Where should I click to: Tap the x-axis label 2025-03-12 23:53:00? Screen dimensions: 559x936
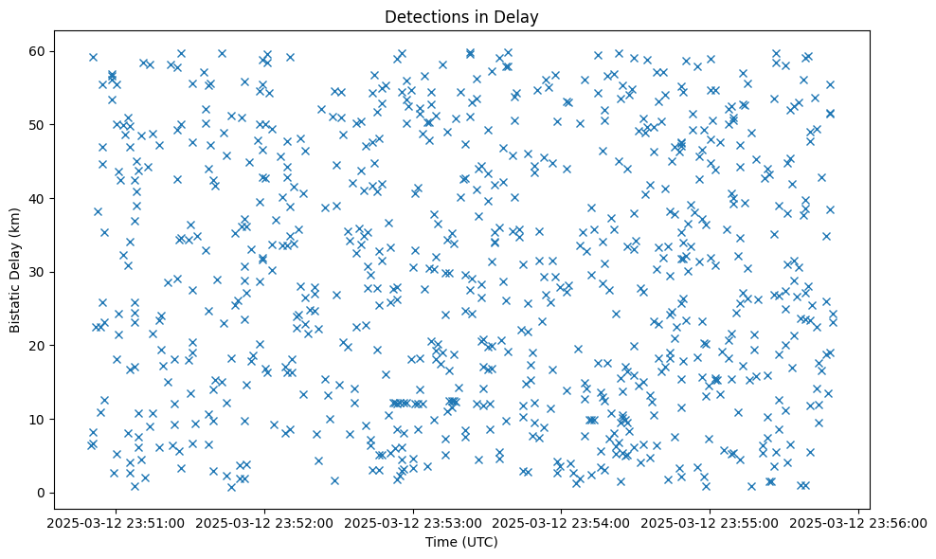pos(413,523)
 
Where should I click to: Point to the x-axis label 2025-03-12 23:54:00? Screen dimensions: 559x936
pos(562,523)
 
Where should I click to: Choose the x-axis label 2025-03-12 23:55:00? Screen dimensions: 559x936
pos(711,523)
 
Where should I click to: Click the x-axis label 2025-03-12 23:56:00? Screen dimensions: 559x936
pos(859,523)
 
